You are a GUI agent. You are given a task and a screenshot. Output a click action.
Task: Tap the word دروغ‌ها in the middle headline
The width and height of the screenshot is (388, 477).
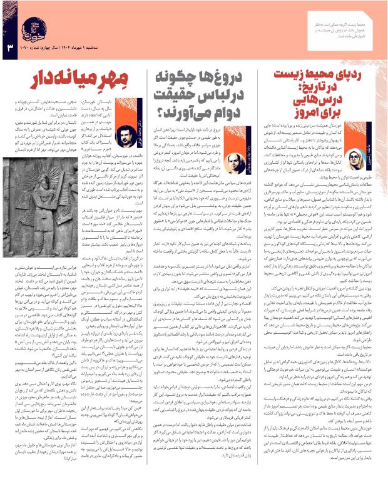235,79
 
